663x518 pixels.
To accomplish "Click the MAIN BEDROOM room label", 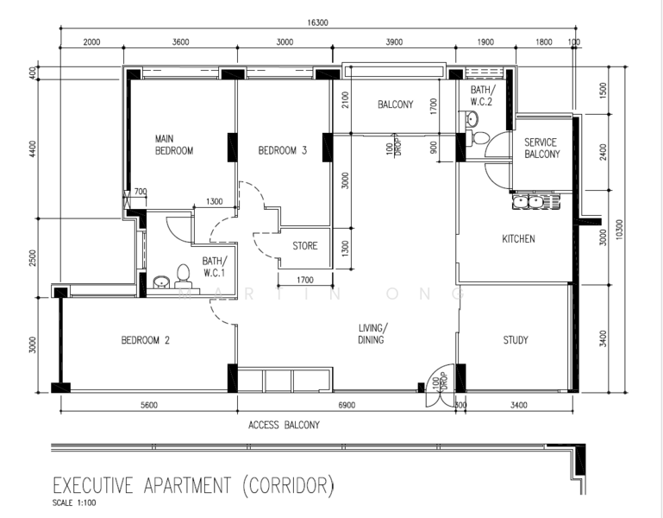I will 173,144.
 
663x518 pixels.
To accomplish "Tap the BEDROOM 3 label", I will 282,150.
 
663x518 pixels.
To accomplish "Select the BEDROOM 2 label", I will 145,340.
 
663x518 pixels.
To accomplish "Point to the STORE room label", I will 304,246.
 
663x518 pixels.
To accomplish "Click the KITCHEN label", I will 519,239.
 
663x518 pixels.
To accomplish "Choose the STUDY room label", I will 516,340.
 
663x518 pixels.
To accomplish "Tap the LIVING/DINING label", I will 373,333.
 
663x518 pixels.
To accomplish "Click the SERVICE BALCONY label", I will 541,148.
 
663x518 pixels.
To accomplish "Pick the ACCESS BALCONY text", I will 284,425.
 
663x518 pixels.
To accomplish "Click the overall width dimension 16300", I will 316,23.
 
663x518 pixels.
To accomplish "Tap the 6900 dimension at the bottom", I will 347,404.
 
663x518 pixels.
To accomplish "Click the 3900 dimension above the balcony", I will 393,41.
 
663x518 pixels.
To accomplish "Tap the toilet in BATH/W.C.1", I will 183,275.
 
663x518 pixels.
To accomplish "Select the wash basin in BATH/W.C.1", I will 161,282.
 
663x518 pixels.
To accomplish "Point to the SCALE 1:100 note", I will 74,502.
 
